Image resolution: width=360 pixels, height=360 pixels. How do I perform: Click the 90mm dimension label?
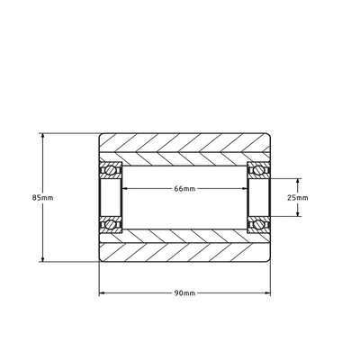184,293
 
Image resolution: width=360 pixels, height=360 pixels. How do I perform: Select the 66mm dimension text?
184,189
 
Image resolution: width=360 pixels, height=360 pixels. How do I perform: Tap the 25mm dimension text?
297,196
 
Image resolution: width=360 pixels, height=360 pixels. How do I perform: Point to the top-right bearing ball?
260,169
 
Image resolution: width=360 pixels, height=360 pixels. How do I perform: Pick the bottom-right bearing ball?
260,223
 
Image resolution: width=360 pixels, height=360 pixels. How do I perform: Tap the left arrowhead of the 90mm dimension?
102,293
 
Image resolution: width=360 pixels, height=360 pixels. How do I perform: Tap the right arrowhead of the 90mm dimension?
268,293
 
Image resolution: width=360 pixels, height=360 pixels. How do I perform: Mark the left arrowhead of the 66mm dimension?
125,189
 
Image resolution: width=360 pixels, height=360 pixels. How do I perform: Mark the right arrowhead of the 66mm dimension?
245,189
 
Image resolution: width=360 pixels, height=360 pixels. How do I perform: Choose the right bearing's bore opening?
260,196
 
